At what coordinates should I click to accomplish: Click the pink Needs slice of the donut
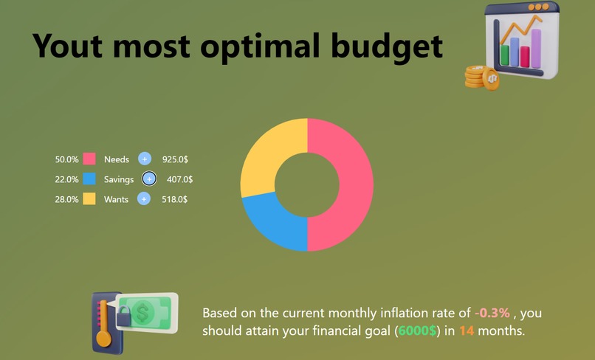pyautogui.click(x=340, y=184)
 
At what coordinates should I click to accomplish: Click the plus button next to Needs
pyautogui.click(x=145, y=159)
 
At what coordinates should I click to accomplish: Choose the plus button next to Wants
pyautogui.click(x=144, y=198)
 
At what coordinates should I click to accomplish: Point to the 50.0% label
pyautogui.click(x=66, y=159)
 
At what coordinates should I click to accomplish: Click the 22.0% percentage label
pyautogui.click(x=66, y=179)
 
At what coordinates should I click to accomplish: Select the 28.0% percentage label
pyautogui.click(x=66, y=199)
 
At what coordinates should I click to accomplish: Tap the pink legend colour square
pyautogui.click(x=89, y=159)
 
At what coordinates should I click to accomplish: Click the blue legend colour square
pyautogui.click(x=89, y=179)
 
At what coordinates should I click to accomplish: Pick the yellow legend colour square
pyautogui.click(x=89, y=198)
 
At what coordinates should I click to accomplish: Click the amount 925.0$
pyautogui.click(x=174, y=159)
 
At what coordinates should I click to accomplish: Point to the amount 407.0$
pyautogui.click(x=179, y=179)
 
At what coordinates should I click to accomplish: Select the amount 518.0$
pyautogui.click(x=174, y=199)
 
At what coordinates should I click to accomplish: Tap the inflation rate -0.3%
pyautogui.click(x=492, y=313)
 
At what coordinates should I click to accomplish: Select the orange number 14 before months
pyautogui.click(x=467, y=330)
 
